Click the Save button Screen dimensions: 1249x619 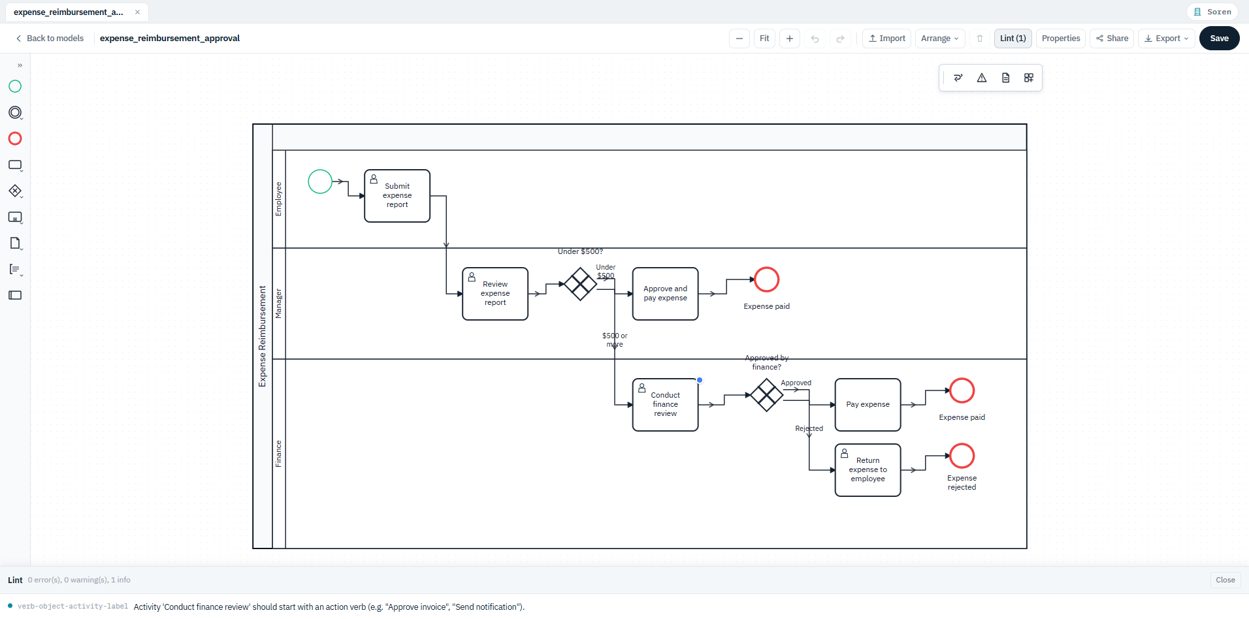click(x=1219, y=39)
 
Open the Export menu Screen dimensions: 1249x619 click(x=1166, y=39)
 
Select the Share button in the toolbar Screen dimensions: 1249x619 click(x=1112, y=39)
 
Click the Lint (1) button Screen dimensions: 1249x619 click(x=1013, y=39)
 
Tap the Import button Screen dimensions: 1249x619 click(x=886, y=39)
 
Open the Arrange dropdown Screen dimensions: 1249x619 click(x=939, y=39)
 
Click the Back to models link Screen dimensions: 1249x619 click(x=50, y=39)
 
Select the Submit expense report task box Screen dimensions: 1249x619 click(x=397, y=196)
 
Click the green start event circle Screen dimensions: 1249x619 click(x=320, y=182)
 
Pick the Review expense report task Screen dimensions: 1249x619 click(x=495, y=294)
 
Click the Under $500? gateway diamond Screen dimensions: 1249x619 click(x=580, y=284)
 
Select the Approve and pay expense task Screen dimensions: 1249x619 click(x=665, y=294)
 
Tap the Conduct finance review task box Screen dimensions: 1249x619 click(x=665, y=405)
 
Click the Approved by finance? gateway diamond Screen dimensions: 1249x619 click(x=766, y=395)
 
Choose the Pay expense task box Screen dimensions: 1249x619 click(x=868, y=405)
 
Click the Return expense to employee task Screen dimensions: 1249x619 click(x=868, y=470)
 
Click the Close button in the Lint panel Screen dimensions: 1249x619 click(x=1225, y=580)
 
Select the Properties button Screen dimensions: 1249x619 click(x=1060, y=39)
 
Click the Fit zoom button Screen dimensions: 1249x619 click(x=764, y=39)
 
